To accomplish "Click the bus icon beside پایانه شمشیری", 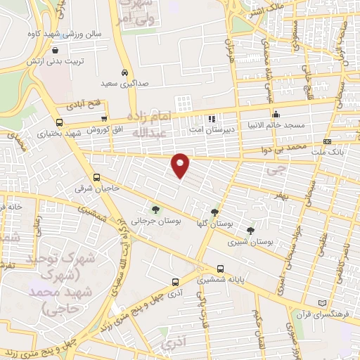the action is [x=221, y=268].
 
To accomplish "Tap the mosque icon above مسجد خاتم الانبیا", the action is [x=276, y=114].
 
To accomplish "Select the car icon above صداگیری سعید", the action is [x=124, y=72].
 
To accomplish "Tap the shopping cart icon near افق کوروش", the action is [x=104, y=119].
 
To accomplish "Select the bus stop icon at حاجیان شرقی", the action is [x=96, y=178].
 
